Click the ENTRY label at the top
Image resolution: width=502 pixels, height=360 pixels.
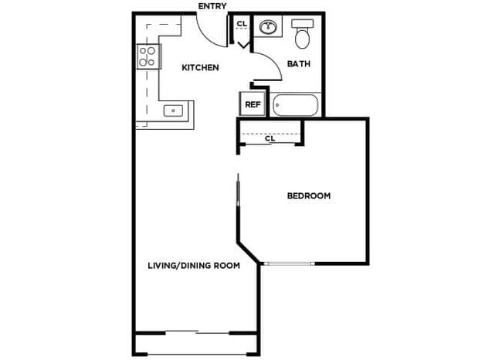pos(213,6)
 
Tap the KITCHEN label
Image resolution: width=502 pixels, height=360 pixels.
pos(200,68)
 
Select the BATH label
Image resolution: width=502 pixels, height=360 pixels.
pos(299,64)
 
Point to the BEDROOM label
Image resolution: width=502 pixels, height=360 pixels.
pos(308,196)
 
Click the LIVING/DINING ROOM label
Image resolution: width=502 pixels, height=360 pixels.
pos(193,266)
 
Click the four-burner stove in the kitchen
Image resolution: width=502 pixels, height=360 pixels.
pos(147,56)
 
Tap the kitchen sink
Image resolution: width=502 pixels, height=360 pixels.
pos(174,110)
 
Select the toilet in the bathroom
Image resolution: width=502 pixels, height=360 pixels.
pos(302,35)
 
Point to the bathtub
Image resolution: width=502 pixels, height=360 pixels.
pos(295,104)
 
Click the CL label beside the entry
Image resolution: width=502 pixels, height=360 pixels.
pos(242,24)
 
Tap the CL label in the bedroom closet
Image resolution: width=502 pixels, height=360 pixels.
pos(270,140)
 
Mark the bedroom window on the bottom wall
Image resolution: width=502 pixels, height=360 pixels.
pos(290,264)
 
